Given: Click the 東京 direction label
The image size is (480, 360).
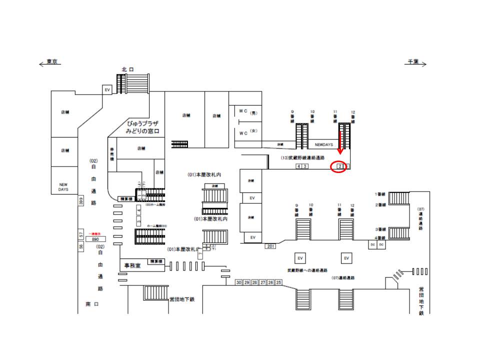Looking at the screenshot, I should tap(52, 61).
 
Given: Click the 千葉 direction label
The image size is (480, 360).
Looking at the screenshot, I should tap(413, 61).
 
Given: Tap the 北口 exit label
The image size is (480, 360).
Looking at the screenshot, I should tap(127, 69).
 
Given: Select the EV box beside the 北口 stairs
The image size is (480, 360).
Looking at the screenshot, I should tap(106, 89).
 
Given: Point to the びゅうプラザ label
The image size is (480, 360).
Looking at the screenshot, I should tap(142, 123).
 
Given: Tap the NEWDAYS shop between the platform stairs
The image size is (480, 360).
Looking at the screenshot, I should tap(323, 144).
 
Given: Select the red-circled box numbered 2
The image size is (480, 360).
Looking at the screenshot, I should tap(340, 166).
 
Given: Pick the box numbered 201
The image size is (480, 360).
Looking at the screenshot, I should tap(271, 246).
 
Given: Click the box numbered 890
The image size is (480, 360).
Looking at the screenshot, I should tap(95, 239).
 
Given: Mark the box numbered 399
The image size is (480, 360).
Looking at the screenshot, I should tap(80, 201).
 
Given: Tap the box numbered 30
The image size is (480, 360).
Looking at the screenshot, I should tap(239, 282).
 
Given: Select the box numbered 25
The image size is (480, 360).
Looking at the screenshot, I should tap(278, 282).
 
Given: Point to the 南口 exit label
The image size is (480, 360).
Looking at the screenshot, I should tap(92, 304).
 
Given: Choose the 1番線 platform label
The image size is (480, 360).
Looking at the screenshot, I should tap(380, 193).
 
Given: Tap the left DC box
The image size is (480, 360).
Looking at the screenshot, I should tap(372, 244).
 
